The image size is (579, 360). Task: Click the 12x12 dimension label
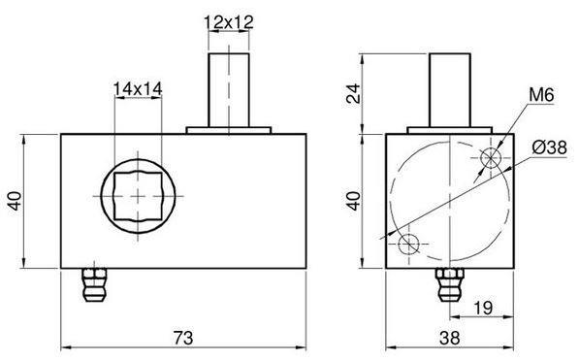coord(229,22)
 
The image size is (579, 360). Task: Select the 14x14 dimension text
coord(138,89)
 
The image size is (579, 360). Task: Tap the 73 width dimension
coord(183,338)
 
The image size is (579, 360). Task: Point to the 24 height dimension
coord(353,93)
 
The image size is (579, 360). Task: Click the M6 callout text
coord(541,95)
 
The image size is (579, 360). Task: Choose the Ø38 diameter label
coord(549,147)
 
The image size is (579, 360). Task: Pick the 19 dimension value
coord(483,308)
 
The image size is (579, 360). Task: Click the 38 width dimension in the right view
coord(450,338)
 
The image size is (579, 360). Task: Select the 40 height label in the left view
coord(16,201)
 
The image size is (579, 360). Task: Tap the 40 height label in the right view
coord(354,201)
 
